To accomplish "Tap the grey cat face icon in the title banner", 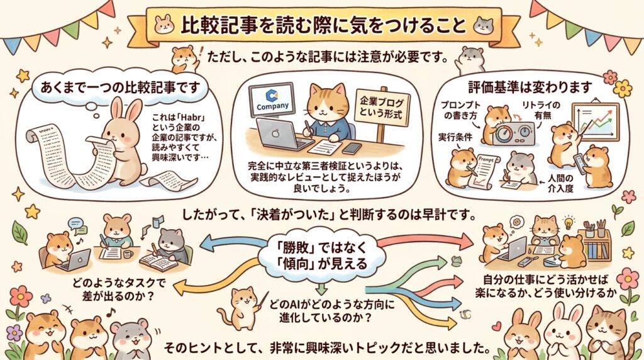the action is point(483,25).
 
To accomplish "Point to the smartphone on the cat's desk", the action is point(352,149).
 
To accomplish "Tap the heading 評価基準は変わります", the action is point(530,87).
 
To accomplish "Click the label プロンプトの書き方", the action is point(460,110).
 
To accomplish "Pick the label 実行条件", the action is point(455,137).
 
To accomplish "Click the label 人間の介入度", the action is point(560,183).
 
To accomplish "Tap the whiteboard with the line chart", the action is point(595,121).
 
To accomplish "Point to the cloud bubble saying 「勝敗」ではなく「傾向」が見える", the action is point(321,256).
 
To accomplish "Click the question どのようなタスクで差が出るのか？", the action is point(119,290).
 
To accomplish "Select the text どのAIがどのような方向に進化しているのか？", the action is point(331,311).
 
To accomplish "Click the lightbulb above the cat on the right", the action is point(569,222).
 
